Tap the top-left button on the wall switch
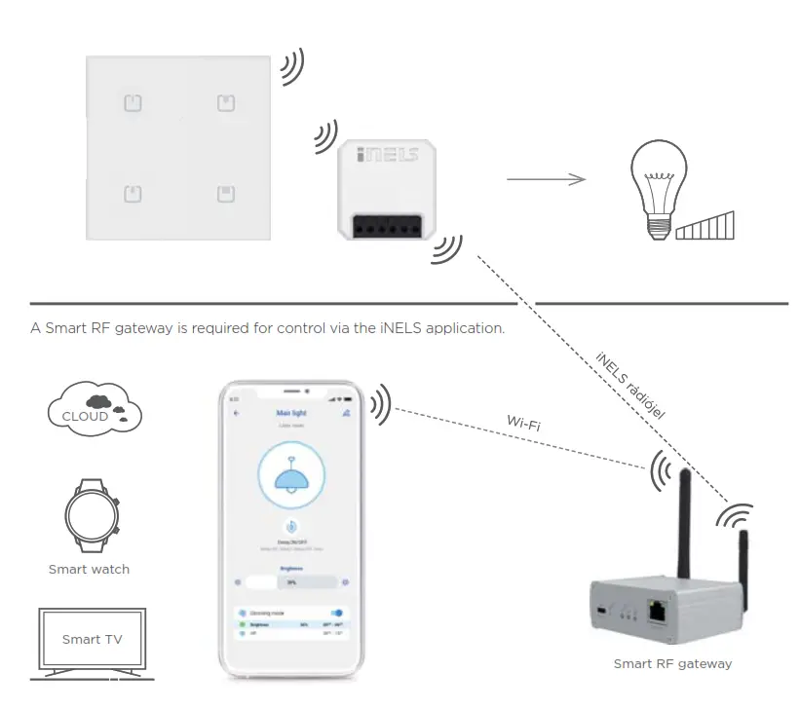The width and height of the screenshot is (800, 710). tap(133, 102)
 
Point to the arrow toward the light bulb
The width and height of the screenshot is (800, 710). tap(546, 178)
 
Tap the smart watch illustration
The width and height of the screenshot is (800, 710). tap(90, 515)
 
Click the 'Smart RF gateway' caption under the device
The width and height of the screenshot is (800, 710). tap(672, 664)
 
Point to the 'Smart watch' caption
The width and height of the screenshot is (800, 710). tap(89, 569)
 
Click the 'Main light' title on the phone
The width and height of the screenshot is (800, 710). tap(291, 414)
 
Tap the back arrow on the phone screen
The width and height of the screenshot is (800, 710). tap(237, 414)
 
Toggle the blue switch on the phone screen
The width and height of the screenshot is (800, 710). tap(337, 614)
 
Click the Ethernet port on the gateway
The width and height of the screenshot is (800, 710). tap(659, 612)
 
